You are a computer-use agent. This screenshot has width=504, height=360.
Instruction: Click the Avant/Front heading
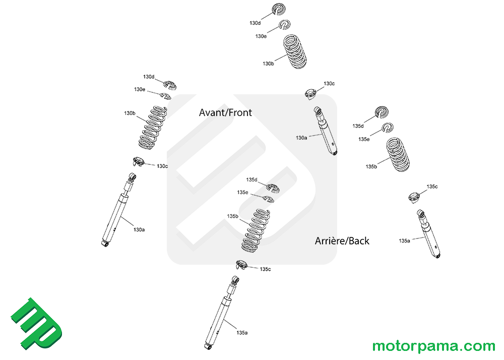coord(225,112)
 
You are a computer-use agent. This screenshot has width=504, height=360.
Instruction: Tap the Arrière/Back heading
coord(342,241)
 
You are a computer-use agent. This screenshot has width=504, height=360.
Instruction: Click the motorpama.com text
coord(434,346)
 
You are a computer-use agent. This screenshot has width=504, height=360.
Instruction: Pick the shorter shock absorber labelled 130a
coord(326,131)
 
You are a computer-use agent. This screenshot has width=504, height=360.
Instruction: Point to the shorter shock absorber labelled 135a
coord(429,234)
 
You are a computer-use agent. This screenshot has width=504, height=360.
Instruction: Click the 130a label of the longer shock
coord(139,229)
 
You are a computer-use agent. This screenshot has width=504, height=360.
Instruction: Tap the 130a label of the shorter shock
coord(301,137)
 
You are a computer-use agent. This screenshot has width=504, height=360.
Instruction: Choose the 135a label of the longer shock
coord(242,333)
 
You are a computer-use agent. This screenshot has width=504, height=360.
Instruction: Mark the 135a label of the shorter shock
coord(404,241)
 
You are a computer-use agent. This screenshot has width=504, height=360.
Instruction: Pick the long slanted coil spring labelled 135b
coord(257,229)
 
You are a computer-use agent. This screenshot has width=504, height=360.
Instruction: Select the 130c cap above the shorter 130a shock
coord(311,93)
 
